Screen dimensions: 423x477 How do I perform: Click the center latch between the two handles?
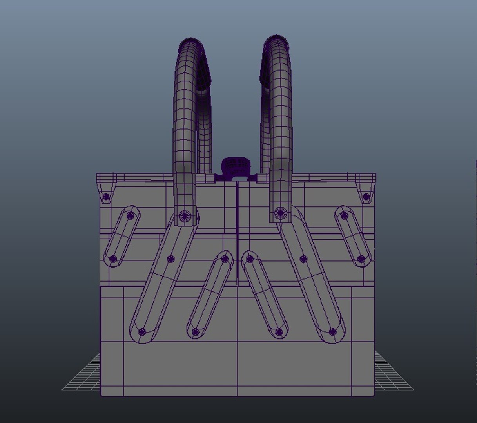pos(236,166)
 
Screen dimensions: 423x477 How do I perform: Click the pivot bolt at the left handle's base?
pos(185,215)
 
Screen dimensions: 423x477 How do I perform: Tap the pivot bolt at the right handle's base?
pos(280,213)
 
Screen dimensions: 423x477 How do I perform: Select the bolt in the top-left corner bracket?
pos(106,197)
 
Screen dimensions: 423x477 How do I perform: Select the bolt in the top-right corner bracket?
pos(366,197)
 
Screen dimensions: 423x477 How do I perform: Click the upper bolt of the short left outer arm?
pos(131,215)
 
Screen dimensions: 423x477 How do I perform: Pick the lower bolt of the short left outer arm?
pos(113,258)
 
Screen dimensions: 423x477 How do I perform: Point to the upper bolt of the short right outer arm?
pos(344,215)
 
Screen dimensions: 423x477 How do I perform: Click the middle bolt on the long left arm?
pos(170,258)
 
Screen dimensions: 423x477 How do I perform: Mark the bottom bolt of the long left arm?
pos(142,332)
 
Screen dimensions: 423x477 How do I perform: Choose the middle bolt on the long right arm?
pos(303,258)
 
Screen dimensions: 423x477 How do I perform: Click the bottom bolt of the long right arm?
pos(333,332)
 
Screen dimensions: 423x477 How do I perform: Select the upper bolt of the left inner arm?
pos(225,258)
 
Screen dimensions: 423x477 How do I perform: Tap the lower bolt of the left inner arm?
pos(196,332)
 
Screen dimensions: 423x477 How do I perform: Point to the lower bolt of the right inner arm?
pos(279,332)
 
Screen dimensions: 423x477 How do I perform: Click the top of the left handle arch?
pos(191,40)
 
